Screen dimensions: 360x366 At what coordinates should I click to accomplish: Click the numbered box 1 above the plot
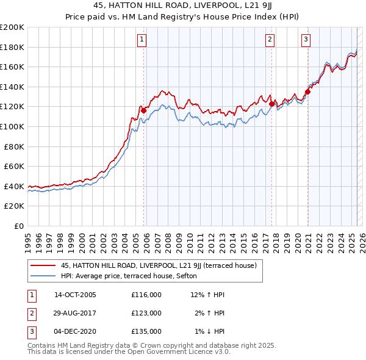tap(142, 40)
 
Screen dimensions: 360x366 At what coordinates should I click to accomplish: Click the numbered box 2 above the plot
tap(270, 40)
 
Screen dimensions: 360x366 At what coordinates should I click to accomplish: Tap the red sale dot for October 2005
tap(143, 110)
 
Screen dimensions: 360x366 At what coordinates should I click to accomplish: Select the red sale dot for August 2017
tap(271, 104)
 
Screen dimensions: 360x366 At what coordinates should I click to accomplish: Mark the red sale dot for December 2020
tap(307, 92)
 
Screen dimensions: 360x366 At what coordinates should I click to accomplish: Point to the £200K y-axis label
tap(12, 27)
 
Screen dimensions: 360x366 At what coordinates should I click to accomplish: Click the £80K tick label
tap(14, 146)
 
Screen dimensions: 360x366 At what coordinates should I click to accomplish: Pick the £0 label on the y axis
tap(19, 226)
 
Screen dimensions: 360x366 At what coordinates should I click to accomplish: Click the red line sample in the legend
tap(43, 265)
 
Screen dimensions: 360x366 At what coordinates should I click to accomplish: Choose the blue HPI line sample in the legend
tap(43, 276)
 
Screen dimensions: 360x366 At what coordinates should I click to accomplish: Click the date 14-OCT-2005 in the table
tap(75, 295)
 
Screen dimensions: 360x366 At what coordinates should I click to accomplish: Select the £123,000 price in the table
tap(146, 313)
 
